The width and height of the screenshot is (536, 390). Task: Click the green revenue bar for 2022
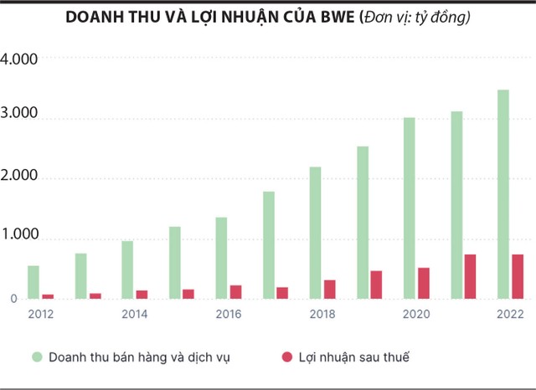(503, 194)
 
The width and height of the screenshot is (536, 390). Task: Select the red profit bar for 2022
(518, 277)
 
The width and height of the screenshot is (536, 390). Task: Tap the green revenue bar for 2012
(33, 282)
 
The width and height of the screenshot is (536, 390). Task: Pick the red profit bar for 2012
(48, 296)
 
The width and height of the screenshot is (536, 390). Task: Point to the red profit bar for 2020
(424, 284)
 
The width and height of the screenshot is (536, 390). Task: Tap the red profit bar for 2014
(142, 295)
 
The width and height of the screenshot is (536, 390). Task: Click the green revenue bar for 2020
(410, 208)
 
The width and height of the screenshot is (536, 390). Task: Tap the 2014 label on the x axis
(134, 314)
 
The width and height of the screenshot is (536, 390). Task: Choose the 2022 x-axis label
(510, 314)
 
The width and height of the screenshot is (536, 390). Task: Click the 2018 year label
(322, 314)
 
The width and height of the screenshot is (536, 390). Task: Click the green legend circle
(37, 357)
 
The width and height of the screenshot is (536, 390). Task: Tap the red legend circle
(286, 357)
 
